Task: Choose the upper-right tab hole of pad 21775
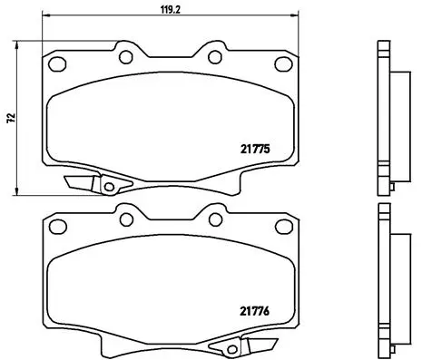[215, 57]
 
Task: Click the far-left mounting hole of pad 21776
[56, 225]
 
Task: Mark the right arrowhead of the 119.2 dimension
[296, 15]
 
